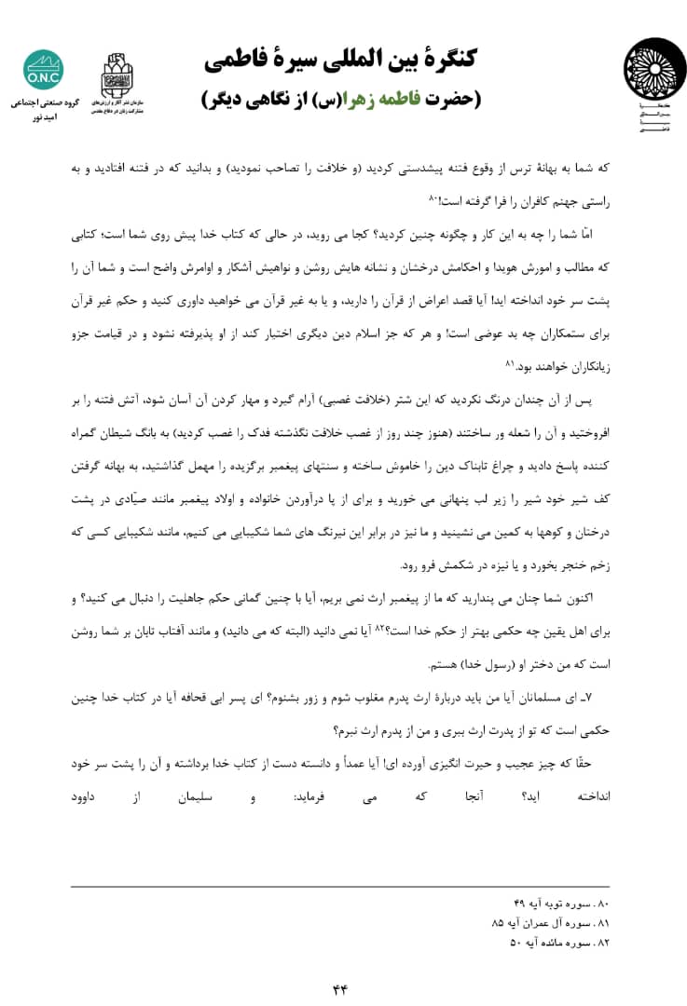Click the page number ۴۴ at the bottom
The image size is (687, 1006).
tap(339, 988)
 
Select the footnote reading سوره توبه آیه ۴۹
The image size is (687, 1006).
tap(556, 904)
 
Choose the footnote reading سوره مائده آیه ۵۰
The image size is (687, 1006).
tap(556, 943)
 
